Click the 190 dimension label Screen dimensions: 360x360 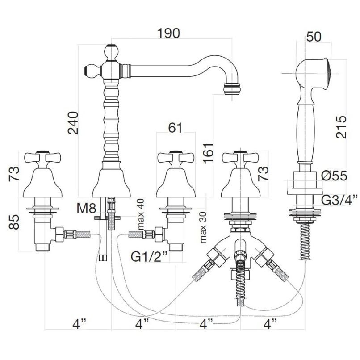coord(168,33)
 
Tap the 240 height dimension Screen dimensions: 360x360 coord(73,123)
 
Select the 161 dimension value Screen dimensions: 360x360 coord(208,153)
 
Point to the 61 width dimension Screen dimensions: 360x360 coord(175,127)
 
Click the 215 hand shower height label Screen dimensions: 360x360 coord(341,127)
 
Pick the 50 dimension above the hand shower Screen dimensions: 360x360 coord(314,37)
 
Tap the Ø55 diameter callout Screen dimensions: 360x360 coord(334,176)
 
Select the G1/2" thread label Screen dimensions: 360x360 coord(149,257)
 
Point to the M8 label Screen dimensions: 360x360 coord(86,209)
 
